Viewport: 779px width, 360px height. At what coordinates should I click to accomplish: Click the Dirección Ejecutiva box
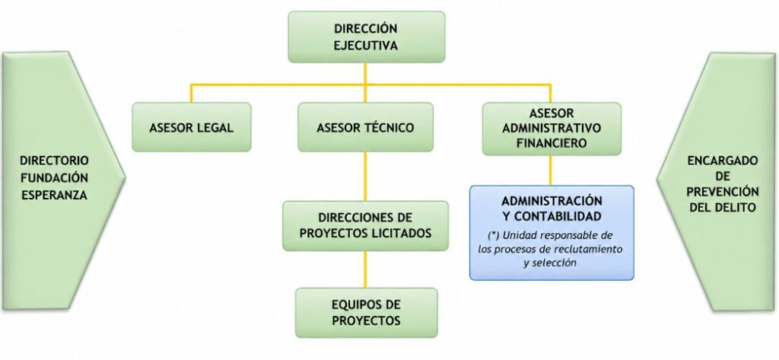[x=366, y=37]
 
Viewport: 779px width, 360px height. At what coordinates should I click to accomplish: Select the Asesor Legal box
[x=191, y=127]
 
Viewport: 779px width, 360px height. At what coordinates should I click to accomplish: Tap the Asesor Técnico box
[x=365, y=127]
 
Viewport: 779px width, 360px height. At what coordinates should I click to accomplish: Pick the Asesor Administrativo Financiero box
[x=552, y=129]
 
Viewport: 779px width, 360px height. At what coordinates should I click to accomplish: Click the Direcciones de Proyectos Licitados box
[x=365, y=225]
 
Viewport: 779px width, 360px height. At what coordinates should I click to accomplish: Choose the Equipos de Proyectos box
[x=366, y=312]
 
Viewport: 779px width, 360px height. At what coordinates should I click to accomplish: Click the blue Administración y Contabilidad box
[x=552, y=233]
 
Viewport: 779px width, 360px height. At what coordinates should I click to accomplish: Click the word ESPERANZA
[x=54, y=195]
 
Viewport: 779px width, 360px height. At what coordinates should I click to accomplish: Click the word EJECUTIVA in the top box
[x=366, y=46]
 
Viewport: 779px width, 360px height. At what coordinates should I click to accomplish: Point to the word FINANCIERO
[x=552, y=143]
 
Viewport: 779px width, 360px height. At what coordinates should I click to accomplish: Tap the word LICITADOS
[x=399, y=232]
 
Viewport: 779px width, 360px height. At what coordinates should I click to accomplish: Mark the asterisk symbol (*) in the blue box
[x=493, y=234]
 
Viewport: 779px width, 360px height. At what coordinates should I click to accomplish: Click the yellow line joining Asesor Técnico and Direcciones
[x=366, y=176]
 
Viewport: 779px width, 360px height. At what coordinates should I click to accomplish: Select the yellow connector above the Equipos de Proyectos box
[x=366, y=269]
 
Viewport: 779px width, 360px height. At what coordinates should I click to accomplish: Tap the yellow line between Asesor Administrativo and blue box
[x=550, y=170]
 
